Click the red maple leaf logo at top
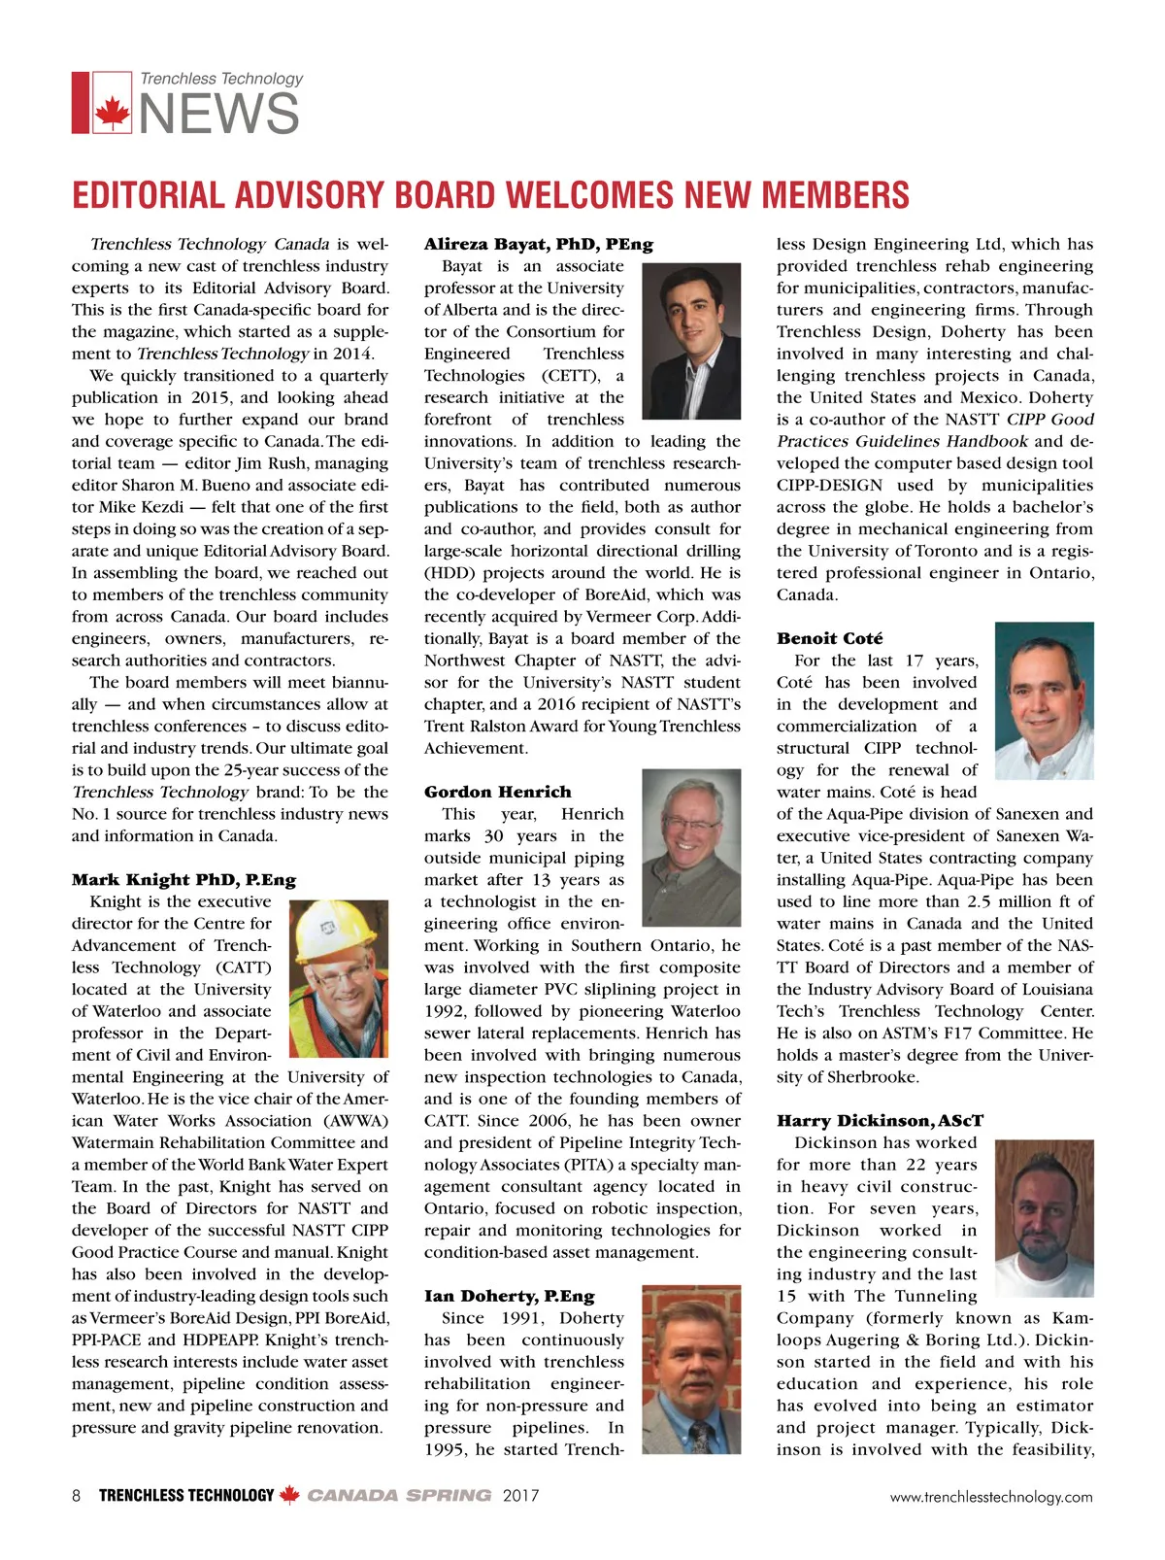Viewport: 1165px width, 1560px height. pos(112,113)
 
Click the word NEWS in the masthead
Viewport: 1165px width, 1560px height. pos(219,114)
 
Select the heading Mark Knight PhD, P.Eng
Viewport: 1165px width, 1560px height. pos(183,880)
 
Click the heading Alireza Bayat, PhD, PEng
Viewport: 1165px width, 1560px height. pos(538,244)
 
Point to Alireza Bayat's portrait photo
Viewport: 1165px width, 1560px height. pos(692,341)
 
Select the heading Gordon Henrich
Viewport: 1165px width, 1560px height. pos(497,792)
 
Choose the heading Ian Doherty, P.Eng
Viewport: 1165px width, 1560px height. pos(509,1296)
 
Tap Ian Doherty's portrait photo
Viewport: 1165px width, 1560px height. pos(692,1370)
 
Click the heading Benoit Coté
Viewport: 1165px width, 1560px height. pos(829,638)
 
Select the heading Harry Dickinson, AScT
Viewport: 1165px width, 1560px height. pos(880,1121)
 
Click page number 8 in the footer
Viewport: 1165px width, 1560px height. pos(77,1496)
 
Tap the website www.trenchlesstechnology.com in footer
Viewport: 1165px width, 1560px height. pos(990,1497)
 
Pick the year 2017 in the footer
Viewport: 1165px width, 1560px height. pos(520,1496)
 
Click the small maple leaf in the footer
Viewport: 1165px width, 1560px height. pos(289,1496)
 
